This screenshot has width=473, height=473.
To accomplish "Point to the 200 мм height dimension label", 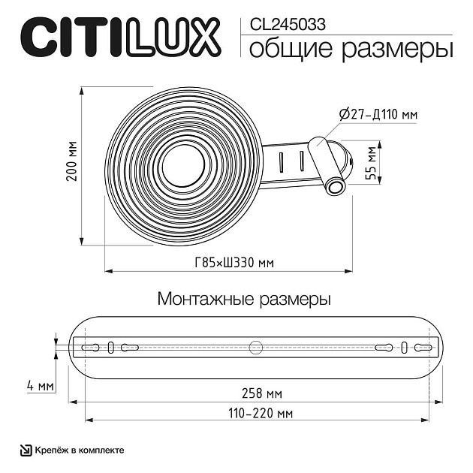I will pyautogui.click(x=71, y=164).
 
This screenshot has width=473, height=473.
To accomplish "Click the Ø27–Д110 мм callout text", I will pyautogui.click(x=378, y=114).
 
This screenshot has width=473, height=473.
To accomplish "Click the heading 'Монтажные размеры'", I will pyautogui.click(x=244, y=299).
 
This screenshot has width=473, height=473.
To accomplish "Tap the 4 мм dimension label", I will pyautogui.click(x=40, y=386).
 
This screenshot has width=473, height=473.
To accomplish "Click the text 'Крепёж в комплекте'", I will pyautogui.click(x=78, y=450).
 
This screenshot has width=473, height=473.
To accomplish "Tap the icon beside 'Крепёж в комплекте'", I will pyautogui.click(x=25, y=450).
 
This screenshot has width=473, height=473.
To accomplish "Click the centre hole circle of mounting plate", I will pyautogui.click(x=256, y=347).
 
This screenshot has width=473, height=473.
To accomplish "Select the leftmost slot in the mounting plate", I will pyautogui.click(x=92, y=347).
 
